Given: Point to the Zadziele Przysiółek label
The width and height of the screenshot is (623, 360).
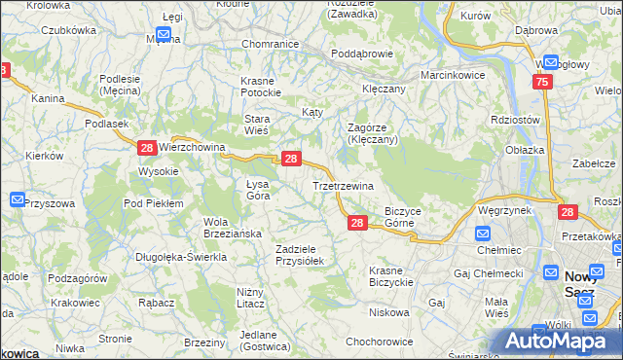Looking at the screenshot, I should coord(306,255).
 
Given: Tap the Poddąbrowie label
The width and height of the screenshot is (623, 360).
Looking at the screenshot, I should coord(360,54).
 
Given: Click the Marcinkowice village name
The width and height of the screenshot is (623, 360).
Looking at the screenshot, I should coord(453,75).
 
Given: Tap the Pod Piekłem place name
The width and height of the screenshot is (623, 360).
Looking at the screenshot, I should coord(153,203).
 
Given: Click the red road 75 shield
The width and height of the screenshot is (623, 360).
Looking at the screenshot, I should coord(543,84).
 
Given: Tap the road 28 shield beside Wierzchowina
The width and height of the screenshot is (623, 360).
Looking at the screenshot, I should coord(146,148).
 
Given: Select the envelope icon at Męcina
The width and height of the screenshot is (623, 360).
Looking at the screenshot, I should coord(164,35).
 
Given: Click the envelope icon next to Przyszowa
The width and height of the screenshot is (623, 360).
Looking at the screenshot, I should coord(18,199).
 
